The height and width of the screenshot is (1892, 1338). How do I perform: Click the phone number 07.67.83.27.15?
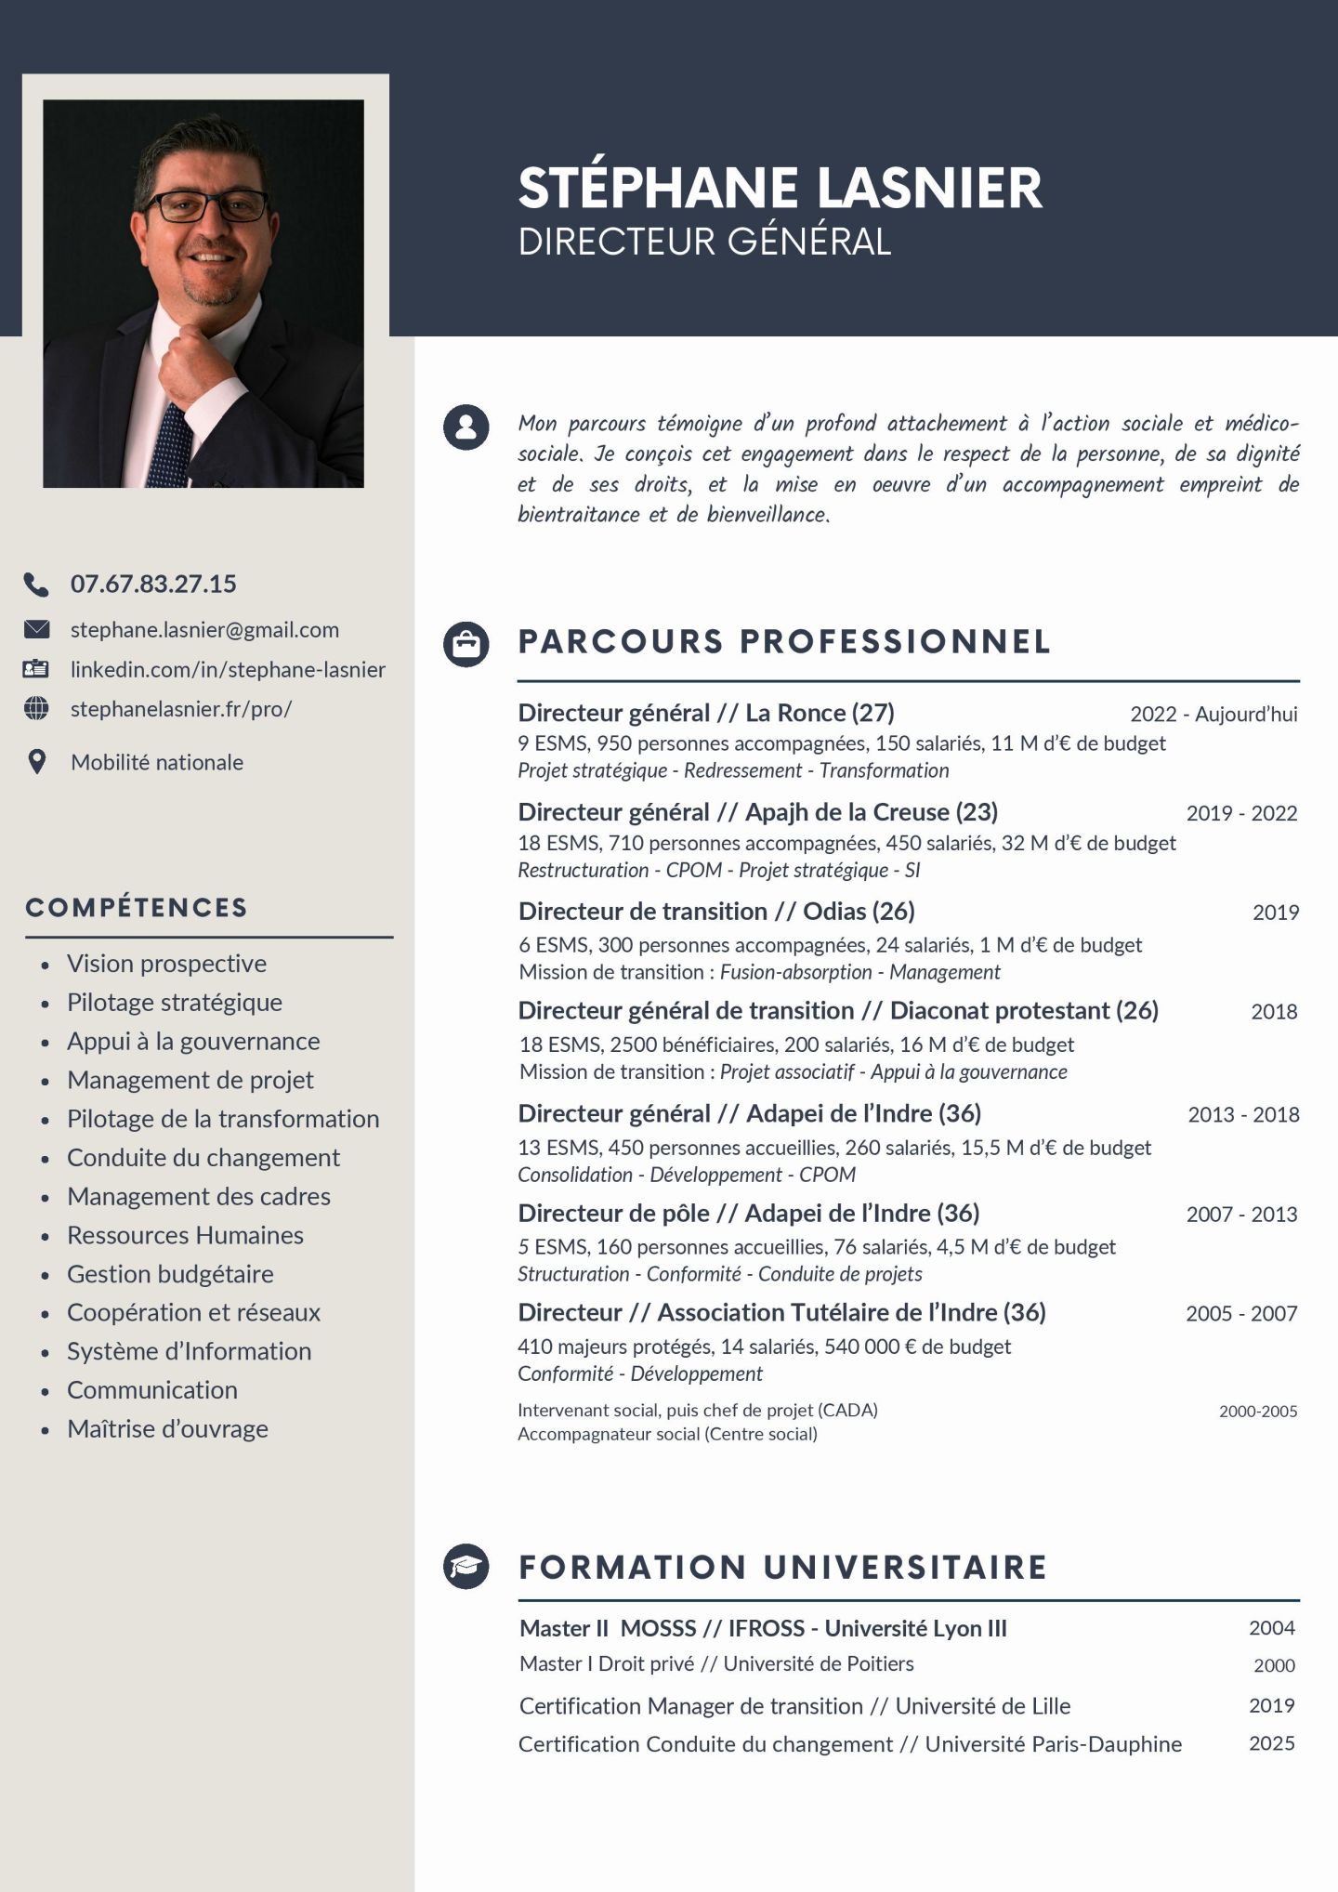pos(153,584)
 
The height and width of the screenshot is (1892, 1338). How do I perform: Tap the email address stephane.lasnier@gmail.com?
pos(204,630)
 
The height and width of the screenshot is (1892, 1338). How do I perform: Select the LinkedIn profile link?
pos(228,670)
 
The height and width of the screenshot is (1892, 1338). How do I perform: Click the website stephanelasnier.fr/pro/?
pos(181,709)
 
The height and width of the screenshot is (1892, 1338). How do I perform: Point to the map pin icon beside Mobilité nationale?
pos(36,762)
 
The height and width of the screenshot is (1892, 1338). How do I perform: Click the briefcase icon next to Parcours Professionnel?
pos(466,643)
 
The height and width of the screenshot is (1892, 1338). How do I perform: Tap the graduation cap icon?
pos(466,1567)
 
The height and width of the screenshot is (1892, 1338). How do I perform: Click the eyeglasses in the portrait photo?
pos(206,206)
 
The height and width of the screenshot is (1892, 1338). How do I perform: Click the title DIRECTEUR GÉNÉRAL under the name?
pos(704,242)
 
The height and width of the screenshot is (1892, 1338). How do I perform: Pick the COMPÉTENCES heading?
pos(137,908)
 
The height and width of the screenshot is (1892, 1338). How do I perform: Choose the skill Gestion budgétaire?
pos(170,1274)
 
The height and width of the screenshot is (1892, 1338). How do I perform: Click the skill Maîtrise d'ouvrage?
pos(167,1429)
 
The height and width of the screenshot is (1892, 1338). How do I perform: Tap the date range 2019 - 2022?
pos(1241,813)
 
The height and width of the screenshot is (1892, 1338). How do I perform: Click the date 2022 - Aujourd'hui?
pos(1213,714)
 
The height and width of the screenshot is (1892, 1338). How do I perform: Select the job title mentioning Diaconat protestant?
pos(838,1011)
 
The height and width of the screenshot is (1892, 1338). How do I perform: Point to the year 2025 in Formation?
pos(1271,1743)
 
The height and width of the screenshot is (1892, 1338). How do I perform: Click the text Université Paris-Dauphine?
pos(1053,1744)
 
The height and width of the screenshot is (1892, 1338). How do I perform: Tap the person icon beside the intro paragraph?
pos(466,427)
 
